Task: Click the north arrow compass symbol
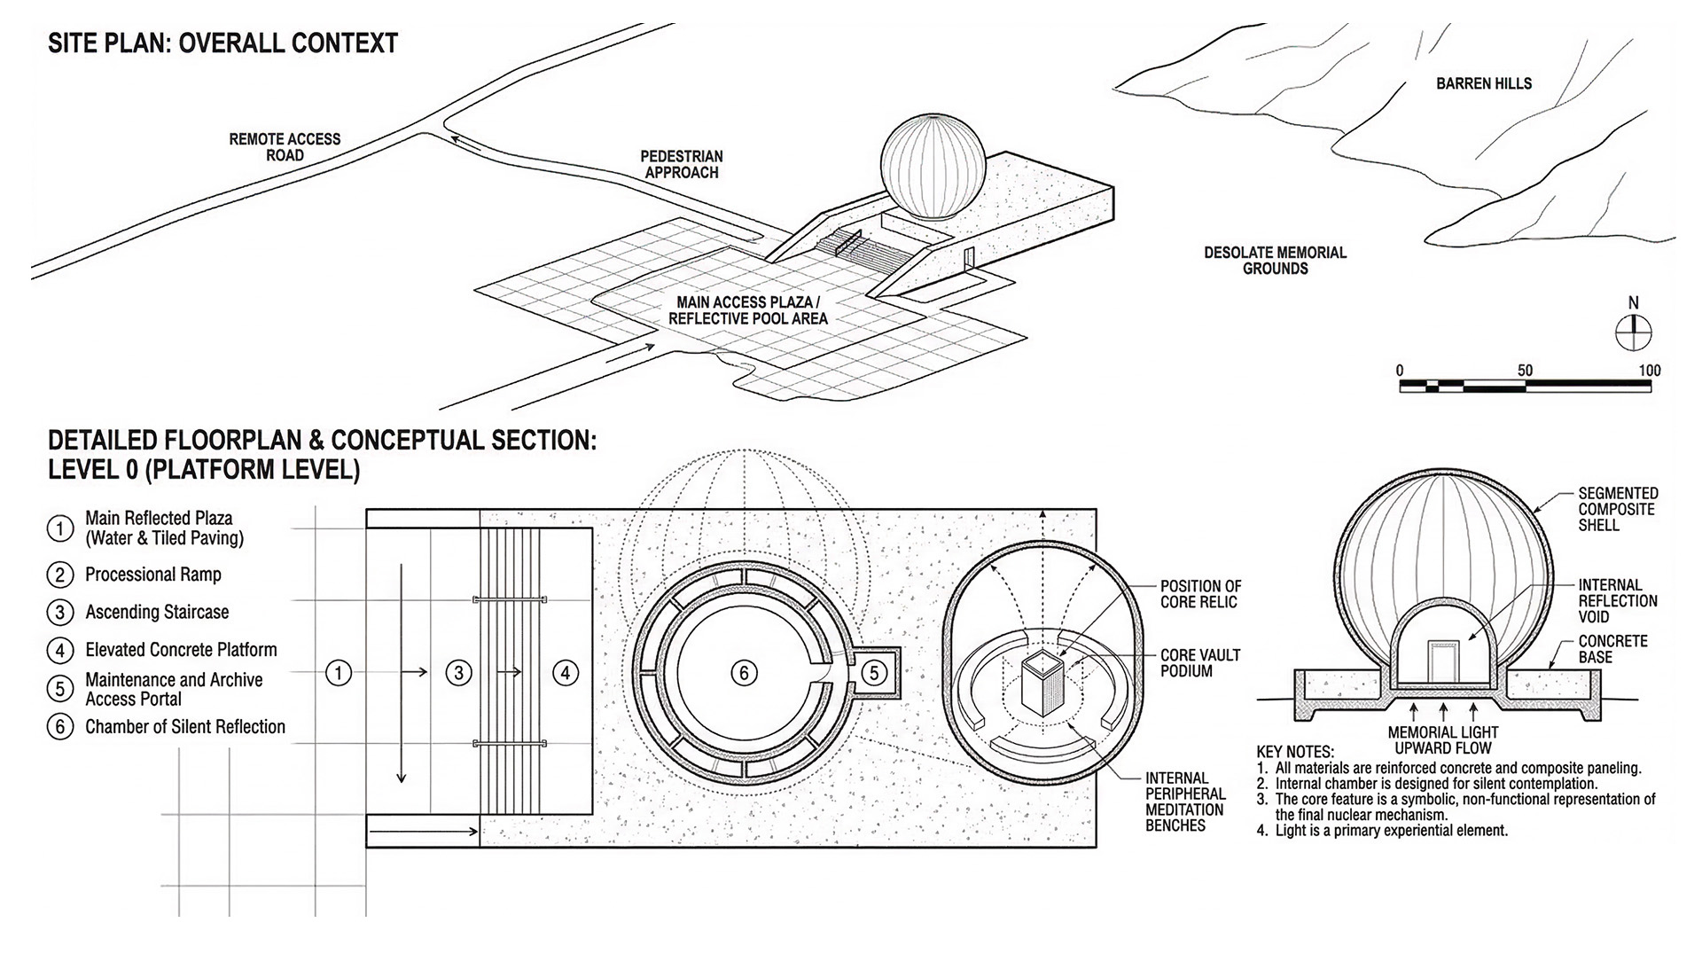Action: [x=1633, y=333]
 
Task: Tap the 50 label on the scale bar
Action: [x=1525, y=371]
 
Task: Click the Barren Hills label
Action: [x=1483, y=83]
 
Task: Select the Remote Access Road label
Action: [x=285, y=147]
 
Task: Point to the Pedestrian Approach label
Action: [x=681, y=164]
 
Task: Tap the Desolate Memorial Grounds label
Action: [x=1274, y=261]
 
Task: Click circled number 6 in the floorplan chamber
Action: [x=744, y=674]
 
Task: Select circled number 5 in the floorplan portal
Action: [x=874, y=673]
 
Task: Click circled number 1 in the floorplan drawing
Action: [x=339, y=674]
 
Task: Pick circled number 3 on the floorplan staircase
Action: [x=458, y=674]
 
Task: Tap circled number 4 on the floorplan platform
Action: [x=566, y=674]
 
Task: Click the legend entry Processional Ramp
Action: [x=152, y=575]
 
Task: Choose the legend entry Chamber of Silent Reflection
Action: [x=184, y=727]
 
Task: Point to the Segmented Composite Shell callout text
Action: [x=1617, y=509]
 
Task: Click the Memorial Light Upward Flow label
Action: [x=1442, y=740]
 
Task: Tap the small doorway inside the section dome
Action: [x=1442, y=662]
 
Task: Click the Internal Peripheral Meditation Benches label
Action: [x=1184, y=802]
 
